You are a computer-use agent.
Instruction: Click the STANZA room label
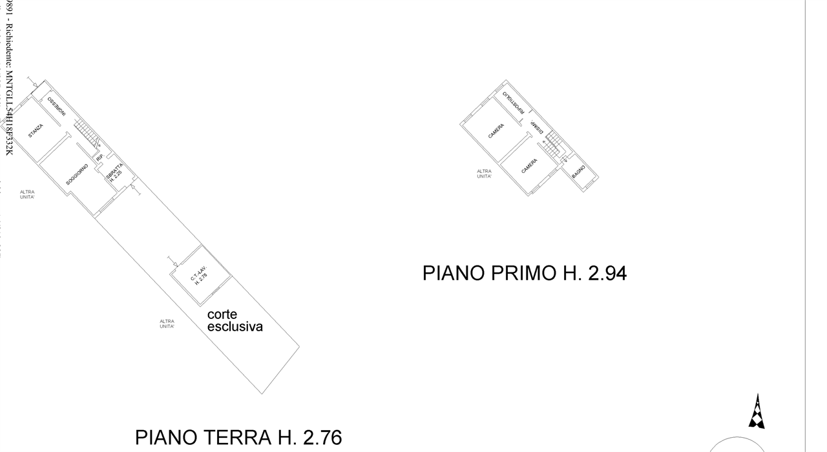(x=36, y=131)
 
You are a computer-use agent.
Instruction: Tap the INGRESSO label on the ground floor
(x=56, y=106)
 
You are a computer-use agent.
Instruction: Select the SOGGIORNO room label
(x=77, y=176)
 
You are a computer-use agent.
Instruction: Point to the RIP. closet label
(x=99, y=158)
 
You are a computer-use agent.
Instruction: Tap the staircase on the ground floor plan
(x=87, y=134)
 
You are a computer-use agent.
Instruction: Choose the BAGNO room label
(x=578, y=173)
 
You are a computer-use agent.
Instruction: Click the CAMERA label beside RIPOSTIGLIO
(x=496, y=132)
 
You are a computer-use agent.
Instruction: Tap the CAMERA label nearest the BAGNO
(x=529, y=166)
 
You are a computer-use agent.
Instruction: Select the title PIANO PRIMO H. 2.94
(x=524, y=273)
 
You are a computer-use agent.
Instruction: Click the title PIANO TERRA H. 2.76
(x=238, y=437)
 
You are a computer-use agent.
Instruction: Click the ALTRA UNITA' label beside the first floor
(x=484, y=174)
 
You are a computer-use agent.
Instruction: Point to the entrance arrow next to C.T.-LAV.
(x=173, y=262)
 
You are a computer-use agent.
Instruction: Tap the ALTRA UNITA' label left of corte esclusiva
(x=167, y=324)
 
